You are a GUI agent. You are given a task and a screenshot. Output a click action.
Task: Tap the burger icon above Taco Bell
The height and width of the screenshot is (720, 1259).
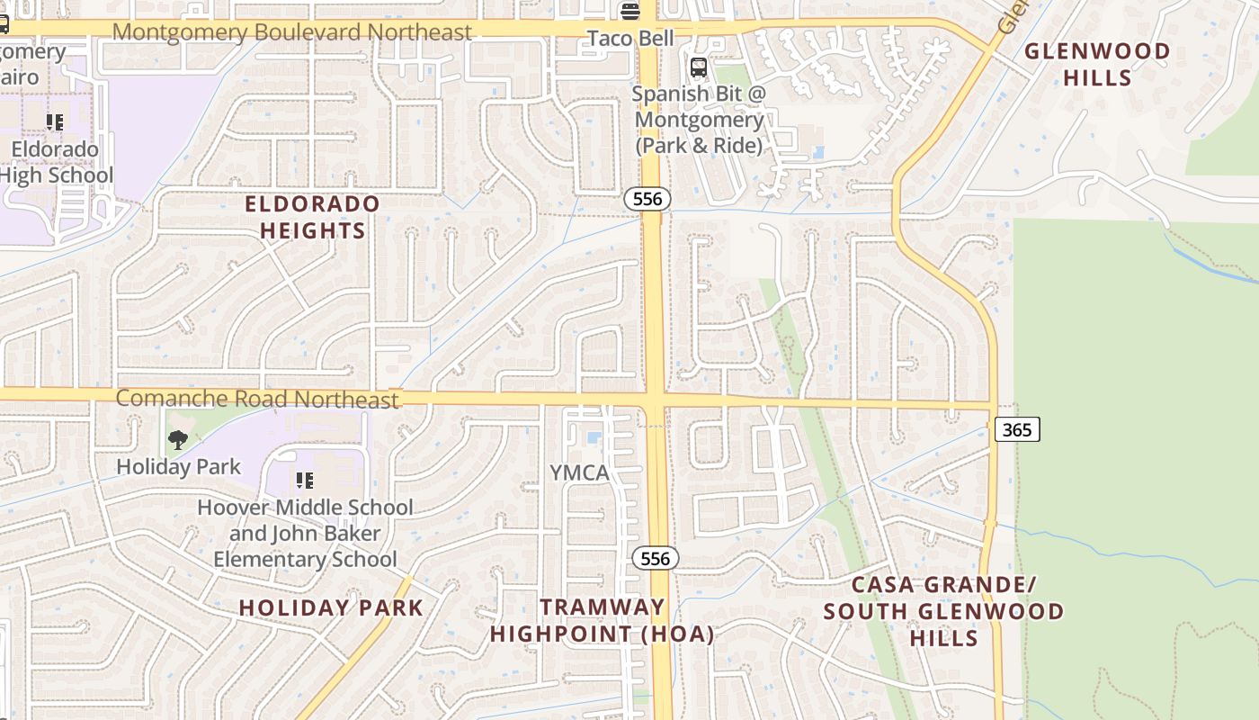(629, 11)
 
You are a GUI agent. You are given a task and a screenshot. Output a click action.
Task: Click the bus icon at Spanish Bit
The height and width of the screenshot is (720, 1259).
(698, 67)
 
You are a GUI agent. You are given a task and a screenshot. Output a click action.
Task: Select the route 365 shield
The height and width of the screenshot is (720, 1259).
(1016, 429)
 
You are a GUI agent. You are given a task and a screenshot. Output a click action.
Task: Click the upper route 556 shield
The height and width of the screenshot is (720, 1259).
(647, 199)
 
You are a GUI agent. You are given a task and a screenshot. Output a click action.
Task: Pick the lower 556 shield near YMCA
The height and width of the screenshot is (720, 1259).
(655, 558)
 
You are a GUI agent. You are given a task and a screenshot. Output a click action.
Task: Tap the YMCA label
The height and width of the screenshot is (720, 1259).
(579, 472)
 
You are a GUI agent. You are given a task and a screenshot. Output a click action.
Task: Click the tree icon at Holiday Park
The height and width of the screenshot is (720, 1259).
(178, 440)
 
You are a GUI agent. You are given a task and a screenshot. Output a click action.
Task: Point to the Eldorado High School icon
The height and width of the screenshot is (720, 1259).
(55, 121)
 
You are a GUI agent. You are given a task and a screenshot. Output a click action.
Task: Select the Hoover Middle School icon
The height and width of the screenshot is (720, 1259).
(305, 481)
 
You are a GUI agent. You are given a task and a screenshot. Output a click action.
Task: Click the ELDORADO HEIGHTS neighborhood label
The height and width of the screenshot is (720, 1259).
(312, 217)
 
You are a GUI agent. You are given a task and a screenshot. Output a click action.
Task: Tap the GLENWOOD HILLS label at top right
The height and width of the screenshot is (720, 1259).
(1097, 64)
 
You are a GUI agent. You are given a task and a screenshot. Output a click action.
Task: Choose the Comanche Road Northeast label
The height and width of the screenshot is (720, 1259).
(257, 399)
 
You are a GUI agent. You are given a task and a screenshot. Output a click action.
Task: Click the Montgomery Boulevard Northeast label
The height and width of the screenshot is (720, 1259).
(291, 32)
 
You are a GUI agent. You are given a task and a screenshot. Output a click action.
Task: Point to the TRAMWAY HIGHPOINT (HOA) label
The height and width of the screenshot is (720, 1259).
(602, 620)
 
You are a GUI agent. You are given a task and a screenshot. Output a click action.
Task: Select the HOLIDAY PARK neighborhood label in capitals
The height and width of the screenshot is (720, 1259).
(331, 607)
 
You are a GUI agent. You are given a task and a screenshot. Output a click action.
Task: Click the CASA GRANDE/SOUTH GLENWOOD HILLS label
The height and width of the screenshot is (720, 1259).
(943, 611)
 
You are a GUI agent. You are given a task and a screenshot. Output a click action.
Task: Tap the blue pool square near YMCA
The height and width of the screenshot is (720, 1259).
(594, 438)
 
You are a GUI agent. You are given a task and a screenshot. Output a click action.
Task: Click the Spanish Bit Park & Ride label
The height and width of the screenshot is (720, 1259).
(698, 119)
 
